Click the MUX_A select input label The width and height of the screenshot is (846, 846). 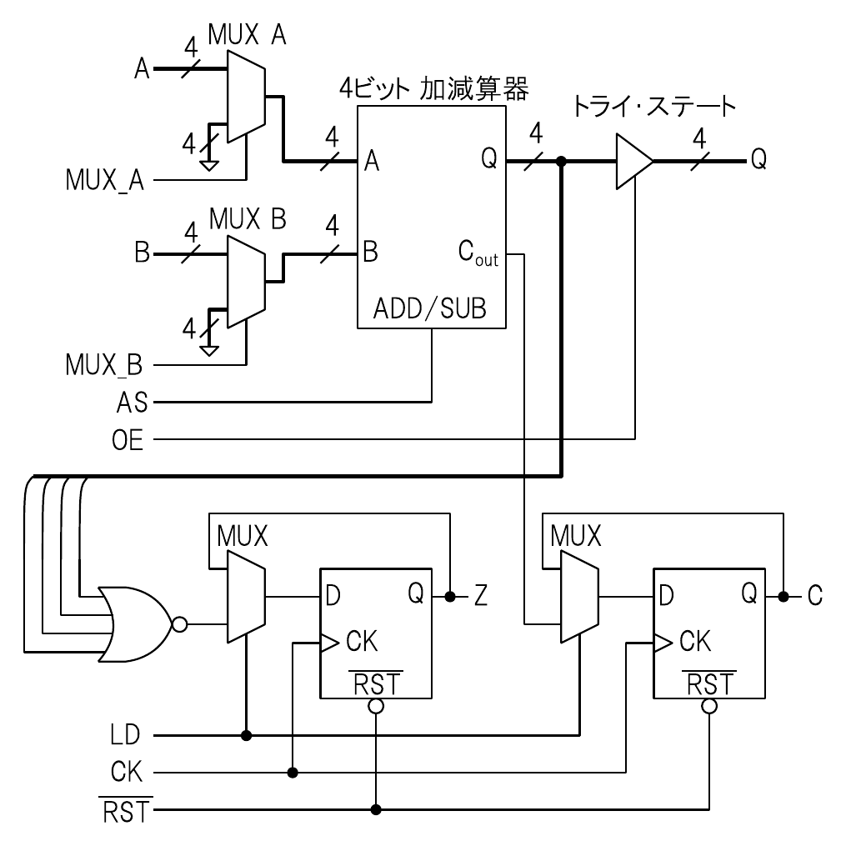tap(105, 179)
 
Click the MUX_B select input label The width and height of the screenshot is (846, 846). tap(104, 364)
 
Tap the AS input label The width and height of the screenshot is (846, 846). tap(132, 403)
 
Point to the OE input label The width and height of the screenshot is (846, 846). tap(128, 439)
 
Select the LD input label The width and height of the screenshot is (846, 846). tap(126, 735)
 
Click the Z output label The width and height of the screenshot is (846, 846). tap(481, 596)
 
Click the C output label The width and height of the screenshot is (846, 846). tap(814, 596)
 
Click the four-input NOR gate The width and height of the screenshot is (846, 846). tap(133, 623)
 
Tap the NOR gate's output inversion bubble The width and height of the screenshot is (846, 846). tap(178, 623)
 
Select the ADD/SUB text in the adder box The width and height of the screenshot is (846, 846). tap(429, 309)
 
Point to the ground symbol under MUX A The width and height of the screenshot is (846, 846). tap(210, 164)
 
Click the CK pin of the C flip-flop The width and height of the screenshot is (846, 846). tap(694, 641)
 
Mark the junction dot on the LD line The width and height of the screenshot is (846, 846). tap(246, 735)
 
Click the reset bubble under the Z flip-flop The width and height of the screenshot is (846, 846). tap(376, 706)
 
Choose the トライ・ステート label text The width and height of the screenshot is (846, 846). tap(654, 106)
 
